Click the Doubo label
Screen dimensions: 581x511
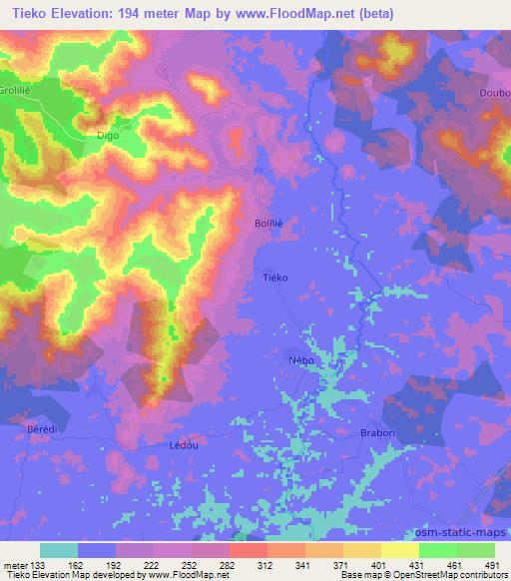pyautogui.click(x=495, y=95)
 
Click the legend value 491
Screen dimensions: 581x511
pyautogui.click(x=491, y=564)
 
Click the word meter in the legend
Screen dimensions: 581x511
pyautogui.click(x=16, y=564)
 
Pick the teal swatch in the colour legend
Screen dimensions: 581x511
pyautogui.click(x=59, y=550)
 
